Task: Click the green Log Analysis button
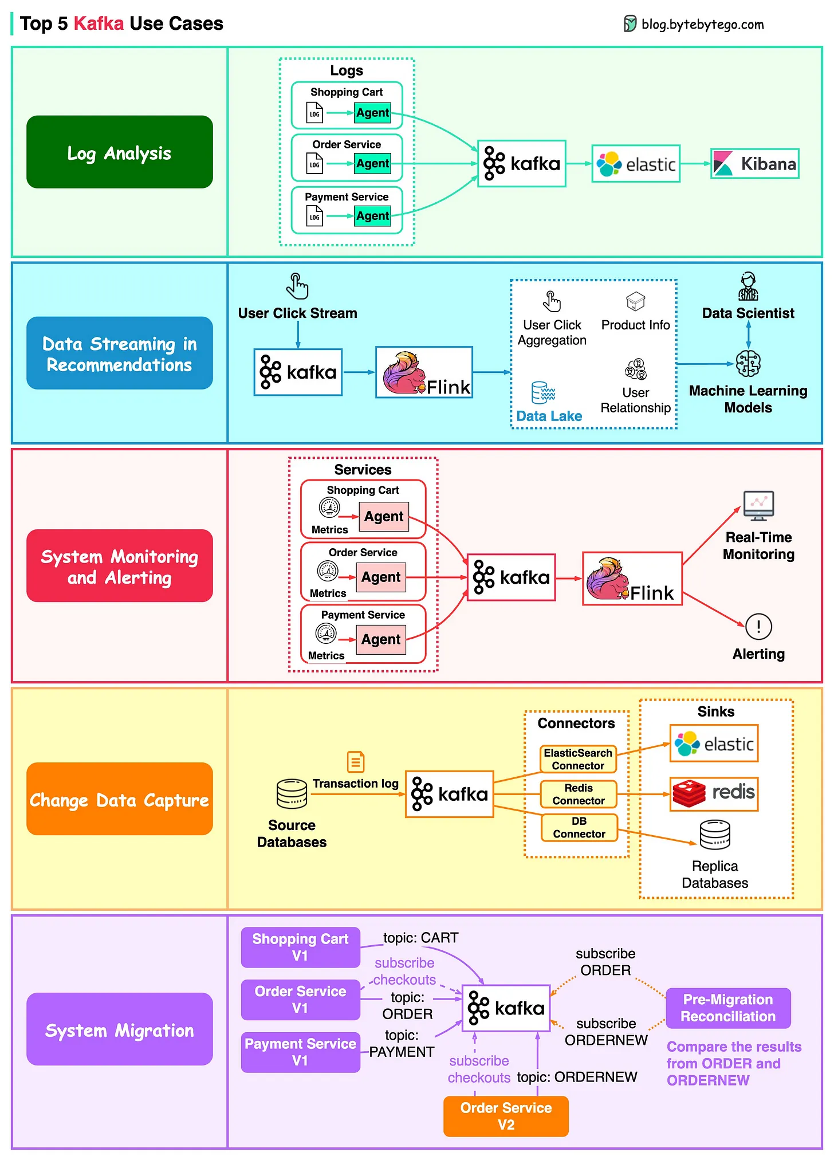click(x=120, y=152)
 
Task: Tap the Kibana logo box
click(x=755, y=164)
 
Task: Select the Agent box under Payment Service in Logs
click(x=372, y=216)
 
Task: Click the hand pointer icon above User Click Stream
click(x=297, y=286)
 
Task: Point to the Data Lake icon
click(x=543, y=393)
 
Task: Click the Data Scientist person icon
click(x=748, y=286)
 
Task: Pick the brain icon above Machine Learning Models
click(x=748, y=363)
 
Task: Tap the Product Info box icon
click(x=635, y=301)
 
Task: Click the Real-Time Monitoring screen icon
click(x=758, y=506)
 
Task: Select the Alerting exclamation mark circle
click(x=758, y=626)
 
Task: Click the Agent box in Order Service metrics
click(x=381, y=577)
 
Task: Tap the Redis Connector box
click(x=579, y=794)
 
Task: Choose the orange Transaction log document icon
click(x=356, y=762)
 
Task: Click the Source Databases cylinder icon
click(x=292, y=793)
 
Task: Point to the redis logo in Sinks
click(x=714, y=794)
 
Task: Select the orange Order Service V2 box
click(x=506, y=1116)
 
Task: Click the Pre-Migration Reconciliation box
click(x=728, y=1008)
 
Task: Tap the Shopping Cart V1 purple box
click(x=300, y=947)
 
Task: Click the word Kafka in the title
click(x=99, y=23)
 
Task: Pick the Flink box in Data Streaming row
click(x=424, y=372)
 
